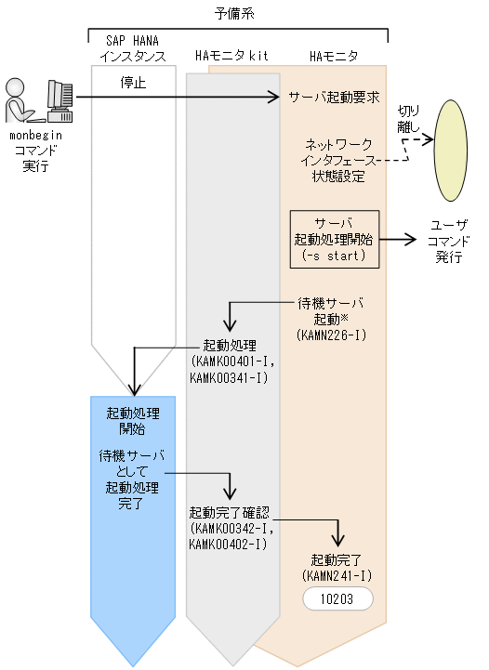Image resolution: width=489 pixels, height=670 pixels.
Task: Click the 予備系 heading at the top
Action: [x=238, y=14]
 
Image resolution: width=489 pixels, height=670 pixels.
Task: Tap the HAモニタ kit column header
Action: [x=231, y=57]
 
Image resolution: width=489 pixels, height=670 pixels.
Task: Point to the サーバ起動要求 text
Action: [x=334, y=96]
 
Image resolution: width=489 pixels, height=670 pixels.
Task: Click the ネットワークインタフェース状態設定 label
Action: [x=338, y=160]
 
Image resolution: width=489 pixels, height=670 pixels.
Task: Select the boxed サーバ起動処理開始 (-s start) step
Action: [x=335, y=238]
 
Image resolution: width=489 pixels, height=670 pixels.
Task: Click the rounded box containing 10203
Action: [x=337, y=598]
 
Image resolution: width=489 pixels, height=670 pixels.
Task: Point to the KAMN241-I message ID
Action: [x=337, y=576]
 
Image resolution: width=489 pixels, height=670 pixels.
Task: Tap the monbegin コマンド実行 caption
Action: [x=37, y=151]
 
